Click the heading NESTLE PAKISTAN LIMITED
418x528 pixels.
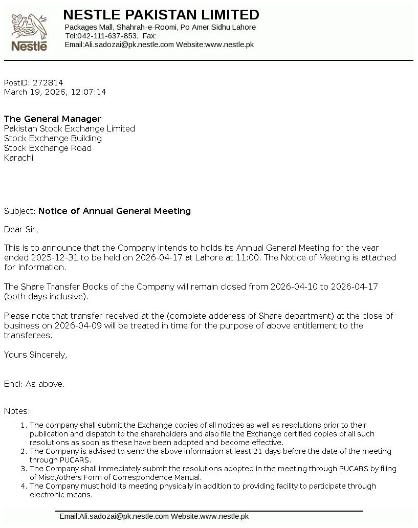161,14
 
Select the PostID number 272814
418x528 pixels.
48,82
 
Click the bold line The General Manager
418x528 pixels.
53,119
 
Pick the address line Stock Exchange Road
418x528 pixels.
48,148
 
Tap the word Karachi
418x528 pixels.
18,158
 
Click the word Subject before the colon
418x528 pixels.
19,211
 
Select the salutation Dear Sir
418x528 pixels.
21,229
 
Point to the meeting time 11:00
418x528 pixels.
248,257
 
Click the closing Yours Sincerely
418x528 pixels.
35,355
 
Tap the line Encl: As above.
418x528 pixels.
34,384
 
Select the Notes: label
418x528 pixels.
17,411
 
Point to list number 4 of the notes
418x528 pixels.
24,486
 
